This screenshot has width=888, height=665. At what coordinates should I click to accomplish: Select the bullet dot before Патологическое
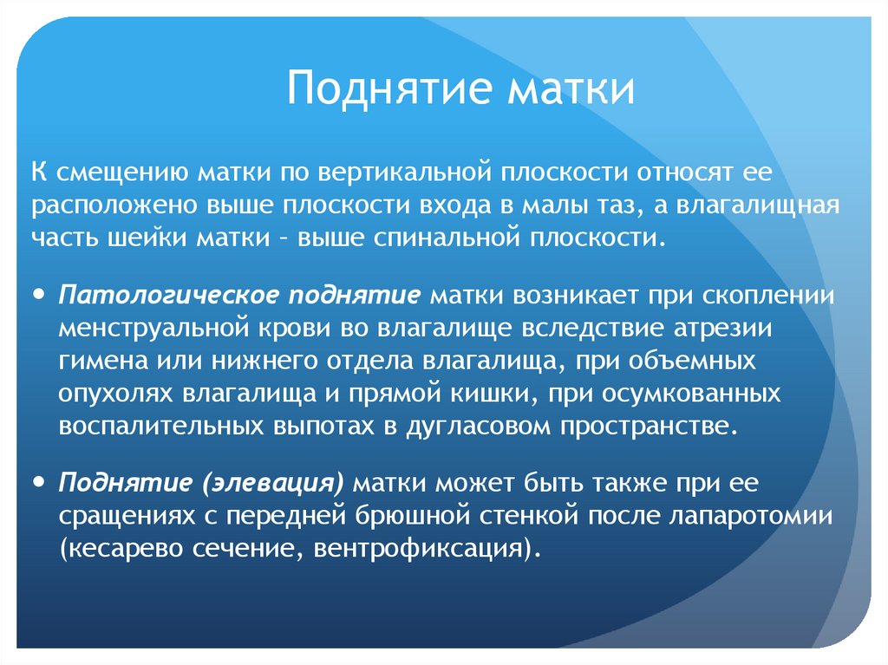[41, 294]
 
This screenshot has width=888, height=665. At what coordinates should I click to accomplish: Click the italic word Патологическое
[167, 295]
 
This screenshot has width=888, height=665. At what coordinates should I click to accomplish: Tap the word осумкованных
[704, 394]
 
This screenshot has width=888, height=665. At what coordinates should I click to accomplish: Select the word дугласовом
[473, 427]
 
